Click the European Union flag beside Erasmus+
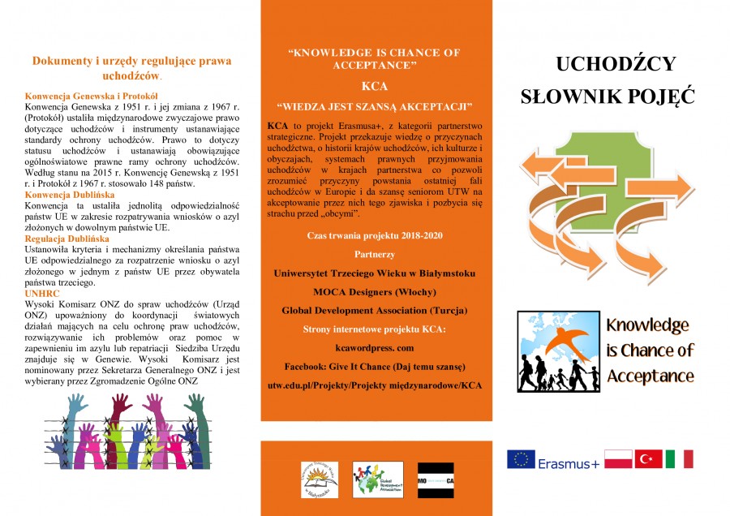point(521,460)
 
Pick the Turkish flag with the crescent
point(648,459)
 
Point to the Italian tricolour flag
point(679,459)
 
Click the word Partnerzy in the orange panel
point(374,254)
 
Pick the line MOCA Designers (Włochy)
point(373,291)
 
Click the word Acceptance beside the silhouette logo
point(651,376)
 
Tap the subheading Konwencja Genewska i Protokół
point(91,96)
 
